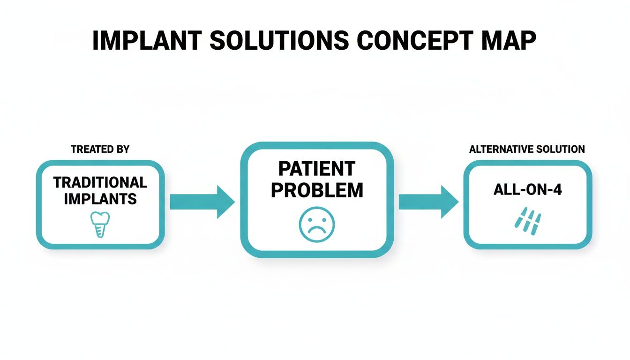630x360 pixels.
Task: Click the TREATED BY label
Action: pos(100,150)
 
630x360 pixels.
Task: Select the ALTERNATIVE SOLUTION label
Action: pos(527,150)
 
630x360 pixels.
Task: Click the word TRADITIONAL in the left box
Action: pos(100,182)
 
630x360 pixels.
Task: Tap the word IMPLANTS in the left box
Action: pos(100,198)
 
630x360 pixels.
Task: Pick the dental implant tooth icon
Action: pos(100,224)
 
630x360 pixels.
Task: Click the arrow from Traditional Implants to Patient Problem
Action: pos(202,202)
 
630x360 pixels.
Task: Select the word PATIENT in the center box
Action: pos(317,168)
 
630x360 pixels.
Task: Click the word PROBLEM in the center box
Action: pos(317,190)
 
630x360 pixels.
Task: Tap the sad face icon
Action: pos(317,224)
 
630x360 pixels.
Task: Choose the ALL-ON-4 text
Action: pos(527,190)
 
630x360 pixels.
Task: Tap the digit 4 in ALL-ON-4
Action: pos(556,190)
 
